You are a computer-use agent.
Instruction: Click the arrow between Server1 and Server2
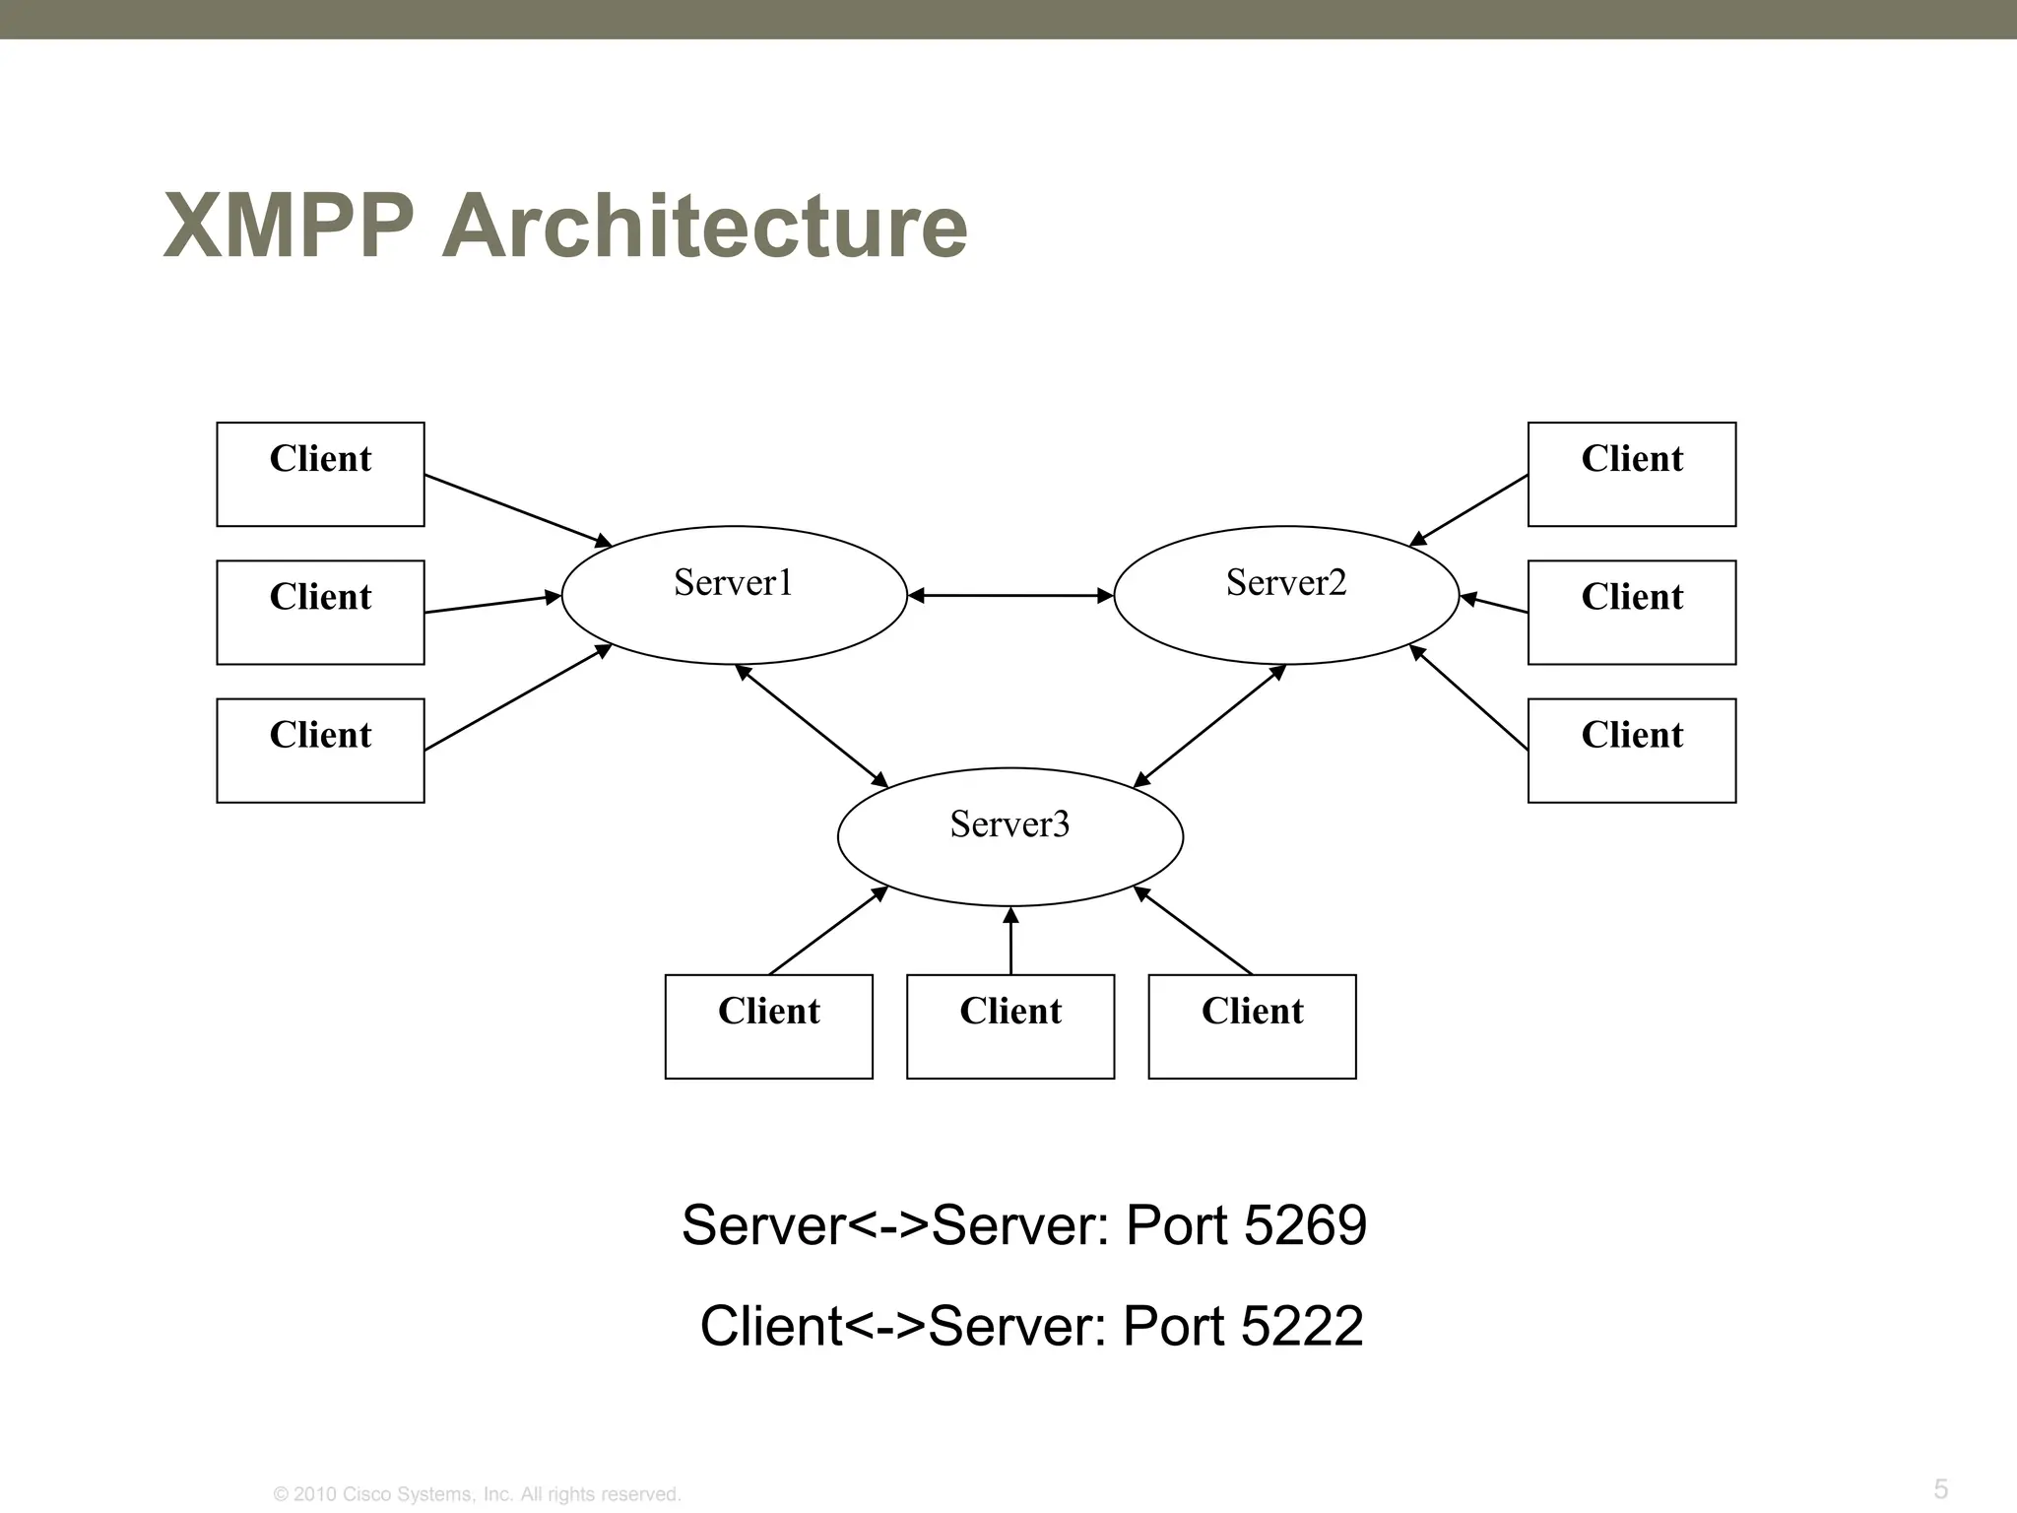pyautogui.click(x=1010, y=596)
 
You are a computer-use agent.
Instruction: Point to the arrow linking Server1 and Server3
pyautogui.click(x=813, y=726)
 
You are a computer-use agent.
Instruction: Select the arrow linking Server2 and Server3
pyautogui.click(x=1210, y=726)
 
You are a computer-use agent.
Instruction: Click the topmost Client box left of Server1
pyautogui.click(x=320, y=474)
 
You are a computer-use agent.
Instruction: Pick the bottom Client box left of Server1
pyautogui.click(x=320, y=751)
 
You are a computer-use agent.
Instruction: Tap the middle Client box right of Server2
pyautogui.click(x=1631, y=612)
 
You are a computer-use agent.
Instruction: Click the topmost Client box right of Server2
pyautogui.click(x=1631, y=474)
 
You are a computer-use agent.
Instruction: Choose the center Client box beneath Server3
pyautogui.click(x=1010, y=1026)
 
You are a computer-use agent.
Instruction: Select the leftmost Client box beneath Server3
pyautogui.click(x=768, y=1026)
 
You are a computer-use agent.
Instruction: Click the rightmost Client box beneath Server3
pyautogui.click(x=1252, y=1026)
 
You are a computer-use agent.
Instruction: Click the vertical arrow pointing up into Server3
pyautogui.click(x=1010, y=942)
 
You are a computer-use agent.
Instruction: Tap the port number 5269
pyautogui.click(x=1305, y=1225)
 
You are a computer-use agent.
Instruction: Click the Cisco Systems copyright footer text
pyautogui.click(x=477, y=1494)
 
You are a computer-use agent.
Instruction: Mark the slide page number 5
pyautogui.click(x=1940, y=1488)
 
